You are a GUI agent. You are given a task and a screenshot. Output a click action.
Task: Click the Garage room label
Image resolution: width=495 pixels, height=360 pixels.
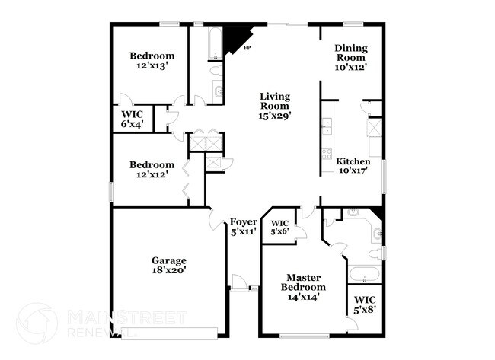click(168, 260)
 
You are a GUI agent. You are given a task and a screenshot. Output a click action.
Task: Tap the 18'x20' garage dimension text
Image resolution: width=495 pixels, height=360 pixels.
click(168, 270)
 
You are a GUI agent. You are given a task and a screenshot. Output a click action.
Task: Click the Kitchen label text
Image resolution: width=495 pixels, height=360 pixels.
click(353, 161)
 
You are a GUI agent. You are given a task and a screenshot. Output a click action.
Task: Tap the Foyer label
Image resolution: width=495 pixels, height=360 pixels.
click(244, 221)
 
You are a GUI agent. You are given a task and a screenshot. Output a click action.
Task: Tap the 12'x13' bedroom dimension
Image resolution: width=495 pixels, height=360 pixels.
click(152, 66)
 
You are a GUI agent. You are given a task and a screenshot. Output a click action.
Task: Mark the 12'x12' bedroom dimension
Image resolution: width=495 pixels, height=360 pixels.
click(152, 175)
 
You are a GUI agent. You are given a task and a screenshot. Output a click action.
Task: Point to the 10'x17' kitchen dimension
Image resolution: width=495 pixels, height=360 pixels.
click(353, 171)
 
